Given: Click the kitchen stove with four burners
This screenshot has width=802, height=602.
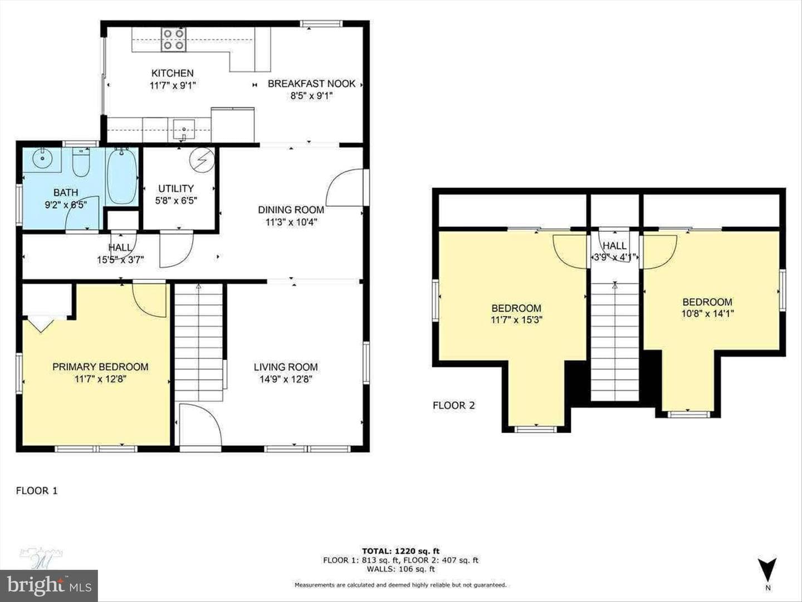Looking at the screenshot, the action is tap(173, 40).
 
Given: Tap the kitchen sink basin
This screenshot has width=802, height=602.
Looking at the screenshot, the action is tap(184, 130).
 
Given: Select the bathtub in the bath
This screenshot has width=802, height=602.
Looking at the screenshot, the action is tap(121, 176).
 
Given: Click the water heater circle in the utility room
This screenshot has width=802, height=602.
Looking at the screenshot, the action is tap(202, 159).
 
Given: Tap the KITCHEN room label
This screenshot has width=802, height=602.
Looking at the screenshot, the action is tap(173, 73).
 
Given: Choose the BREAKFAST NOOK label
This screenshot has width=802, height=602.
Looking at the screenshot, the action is tap(312, 84).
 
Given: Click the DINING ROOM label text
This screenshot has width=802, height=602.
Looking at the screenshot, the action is tap(291, 210).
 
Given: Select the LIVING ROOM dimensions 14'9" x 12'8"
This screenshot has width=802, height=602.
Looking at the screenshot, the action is tap(286, 380).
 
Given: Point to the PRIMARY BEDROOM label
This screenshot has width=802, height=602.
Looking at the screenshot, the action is tap(100, 367).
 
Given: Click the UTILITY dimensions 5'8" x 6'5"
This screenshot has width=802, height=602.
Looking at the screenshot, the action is tap(176, 201).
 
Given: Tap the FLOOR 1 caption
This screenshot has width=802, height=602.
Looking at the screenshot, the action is tap(37, 491).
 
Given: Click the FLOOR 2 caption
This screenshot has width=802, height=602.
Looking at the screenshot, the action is tap(454, 405).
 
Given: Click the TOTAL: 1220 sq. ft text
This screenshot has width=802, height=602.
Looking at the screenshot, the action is tap(401, 551).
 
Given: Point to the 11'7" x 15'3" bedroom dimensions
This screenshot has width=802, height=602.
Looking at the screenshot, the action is tap(516, 320).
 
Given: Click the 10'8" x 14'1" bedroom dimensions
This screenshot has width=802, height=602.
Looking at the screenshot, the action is tap(708, 314).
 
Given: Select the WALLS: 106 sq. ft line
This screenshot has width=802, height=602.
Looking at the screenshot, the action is tap(401, 569).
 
